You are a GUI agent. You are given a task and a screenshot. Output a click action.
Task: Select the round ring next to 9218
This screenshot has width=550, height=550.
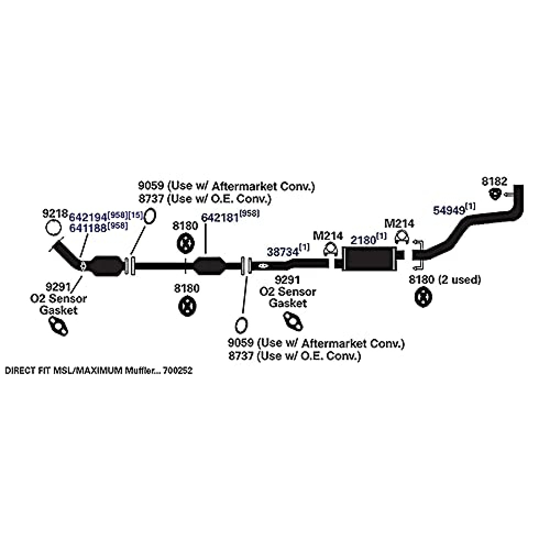point(53,228)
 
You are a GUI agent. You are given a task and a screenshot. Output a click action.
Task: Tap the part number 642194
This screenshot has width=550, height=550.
point(88,217)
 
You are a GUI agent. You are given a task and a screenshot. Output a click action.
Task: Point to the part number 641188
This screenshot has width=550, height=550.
point(89,228)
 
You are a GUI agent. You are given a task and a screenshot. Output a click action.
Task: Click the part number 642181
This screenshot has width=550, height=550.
point(219,217)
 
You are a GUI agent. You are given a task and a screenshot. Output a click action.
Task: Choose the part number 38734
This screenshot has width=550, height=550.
point(282,252)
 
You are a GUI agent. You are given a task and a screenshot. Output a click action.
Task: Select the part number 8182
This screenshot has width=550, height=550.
point(494,181)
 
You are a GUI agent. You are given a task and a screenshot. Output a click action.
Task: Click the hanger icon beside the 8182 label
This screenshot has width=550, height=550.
point(496,194)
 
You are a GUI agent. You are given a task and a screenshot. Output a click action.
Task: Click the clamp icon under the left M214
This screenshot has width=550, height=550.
point(331,250)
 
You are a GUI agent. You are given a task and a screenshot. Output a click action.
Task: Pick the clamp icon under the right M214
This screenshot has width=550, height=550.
point(402,238)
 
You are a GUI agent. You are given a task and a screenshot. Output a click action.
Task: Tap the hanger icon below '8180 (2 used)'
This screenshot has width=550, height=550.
point(422,298)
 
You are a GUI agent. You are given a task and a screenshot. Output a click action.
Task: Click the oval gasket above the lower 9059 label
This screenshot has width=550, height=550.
point(240,324)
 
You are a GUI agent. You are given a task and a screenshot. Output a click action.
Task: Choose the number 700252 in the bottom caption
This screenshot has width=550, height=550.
point(178,371)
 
